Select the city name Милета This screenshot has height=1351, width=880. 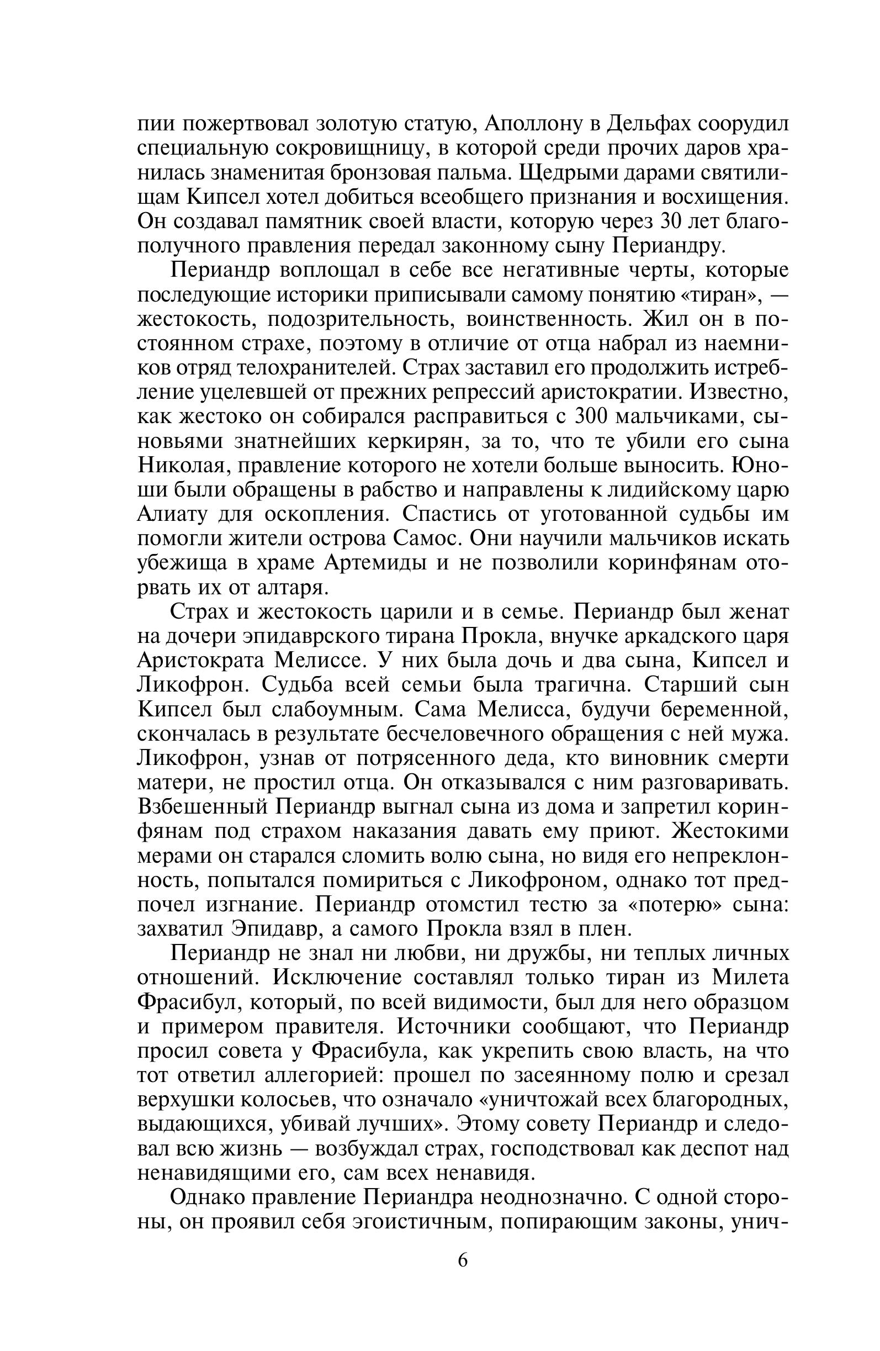tap(750, 978)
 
